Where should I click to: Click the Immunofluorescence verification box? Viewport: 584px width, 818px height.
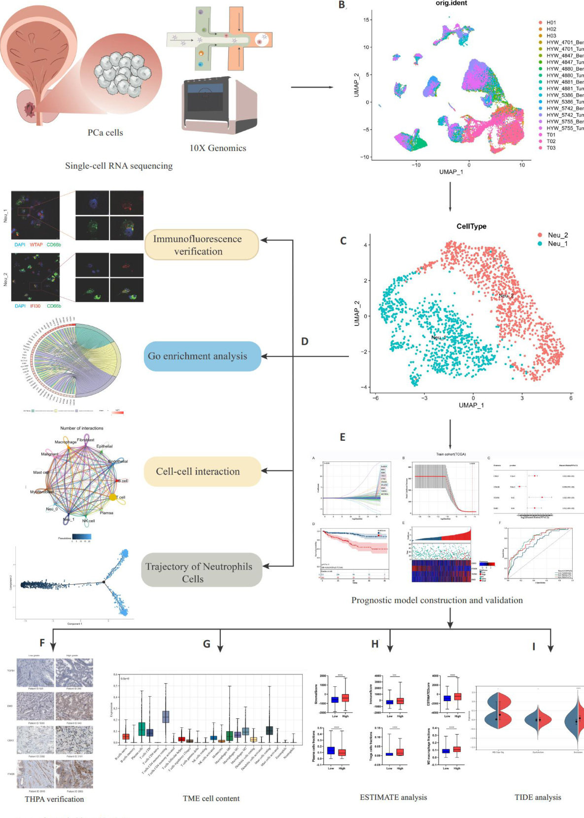tap(201, 245)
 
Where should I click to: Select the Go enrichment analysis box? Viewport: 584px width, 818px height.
tap(202, 356)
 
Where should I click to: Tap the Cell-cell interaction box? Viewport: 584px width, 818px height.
tap(202, 471)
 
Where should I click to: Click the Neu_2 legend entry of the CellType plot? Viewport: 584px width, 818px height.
tap(557, 235)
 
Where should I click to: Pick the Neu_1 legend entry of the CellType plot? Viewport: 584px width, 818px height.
tap(557, 244)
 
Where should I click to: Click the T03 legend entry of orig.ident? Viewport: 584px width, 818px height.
tap(550, 148)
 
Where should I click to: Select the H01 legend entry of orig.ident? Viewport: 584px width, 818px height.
tap(550, 23)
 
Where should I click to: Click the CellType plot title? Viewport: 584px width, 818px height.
tap(471, 226)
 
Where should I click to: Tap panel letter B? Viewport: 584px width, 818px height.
tap(342, 5)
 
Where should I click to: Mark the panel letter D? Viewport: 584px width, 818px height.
tap(305, 341)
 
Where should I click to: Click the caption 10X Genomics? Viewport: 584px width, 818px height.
tap(218, 148)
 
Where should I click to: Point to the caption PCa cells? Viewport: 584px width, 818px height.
tap(105, 132)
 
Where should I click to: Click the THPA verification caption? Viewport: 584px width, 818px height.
tap(54, 799)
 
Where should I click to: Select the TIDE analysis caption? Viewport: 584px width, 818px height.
tap(537, 797)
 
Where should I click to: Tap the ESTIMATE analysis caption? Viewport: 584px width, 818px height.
tap(393, 797)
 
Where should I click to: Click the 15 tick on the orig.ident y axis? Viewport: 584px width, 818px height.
tap(367, 20)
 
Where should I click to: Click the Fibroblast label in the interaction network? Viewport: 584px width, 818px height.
tap(86, 440)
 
